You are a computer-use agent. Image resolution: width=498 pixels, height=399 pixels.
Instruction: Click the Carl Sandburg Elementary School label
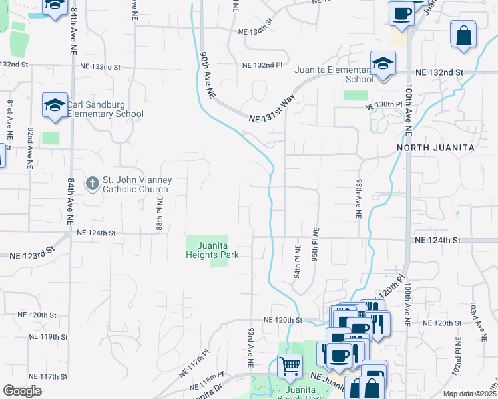tap(105, 109)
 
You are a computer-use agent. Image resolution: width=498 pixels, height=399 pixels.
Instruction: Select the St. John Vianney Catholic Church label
tap(136, 184)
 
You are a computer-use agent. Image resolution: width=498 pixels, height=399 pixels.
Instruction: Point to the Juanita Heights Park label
tap(213, 249)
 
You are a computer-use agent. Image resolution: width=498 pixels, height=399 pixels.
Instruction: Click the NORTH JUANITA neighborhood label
tap(436, 147)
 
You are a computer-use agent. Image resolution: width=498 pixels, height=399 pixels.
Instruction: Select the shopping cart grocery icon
tap(290, 366)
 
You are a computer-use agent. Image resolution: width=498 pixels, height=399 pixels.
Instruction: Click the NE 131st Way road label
tap(272, 110)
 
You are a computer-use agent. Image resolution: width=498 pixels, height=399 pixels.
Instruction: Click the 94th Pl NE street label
tap(297, 262)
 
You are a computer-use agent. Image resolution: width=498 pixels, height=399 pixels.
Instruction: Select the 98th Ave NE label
tap(359, 199)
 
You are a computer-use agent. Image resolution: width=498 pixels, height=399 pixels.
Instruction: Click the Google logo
tap(23, 391)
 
